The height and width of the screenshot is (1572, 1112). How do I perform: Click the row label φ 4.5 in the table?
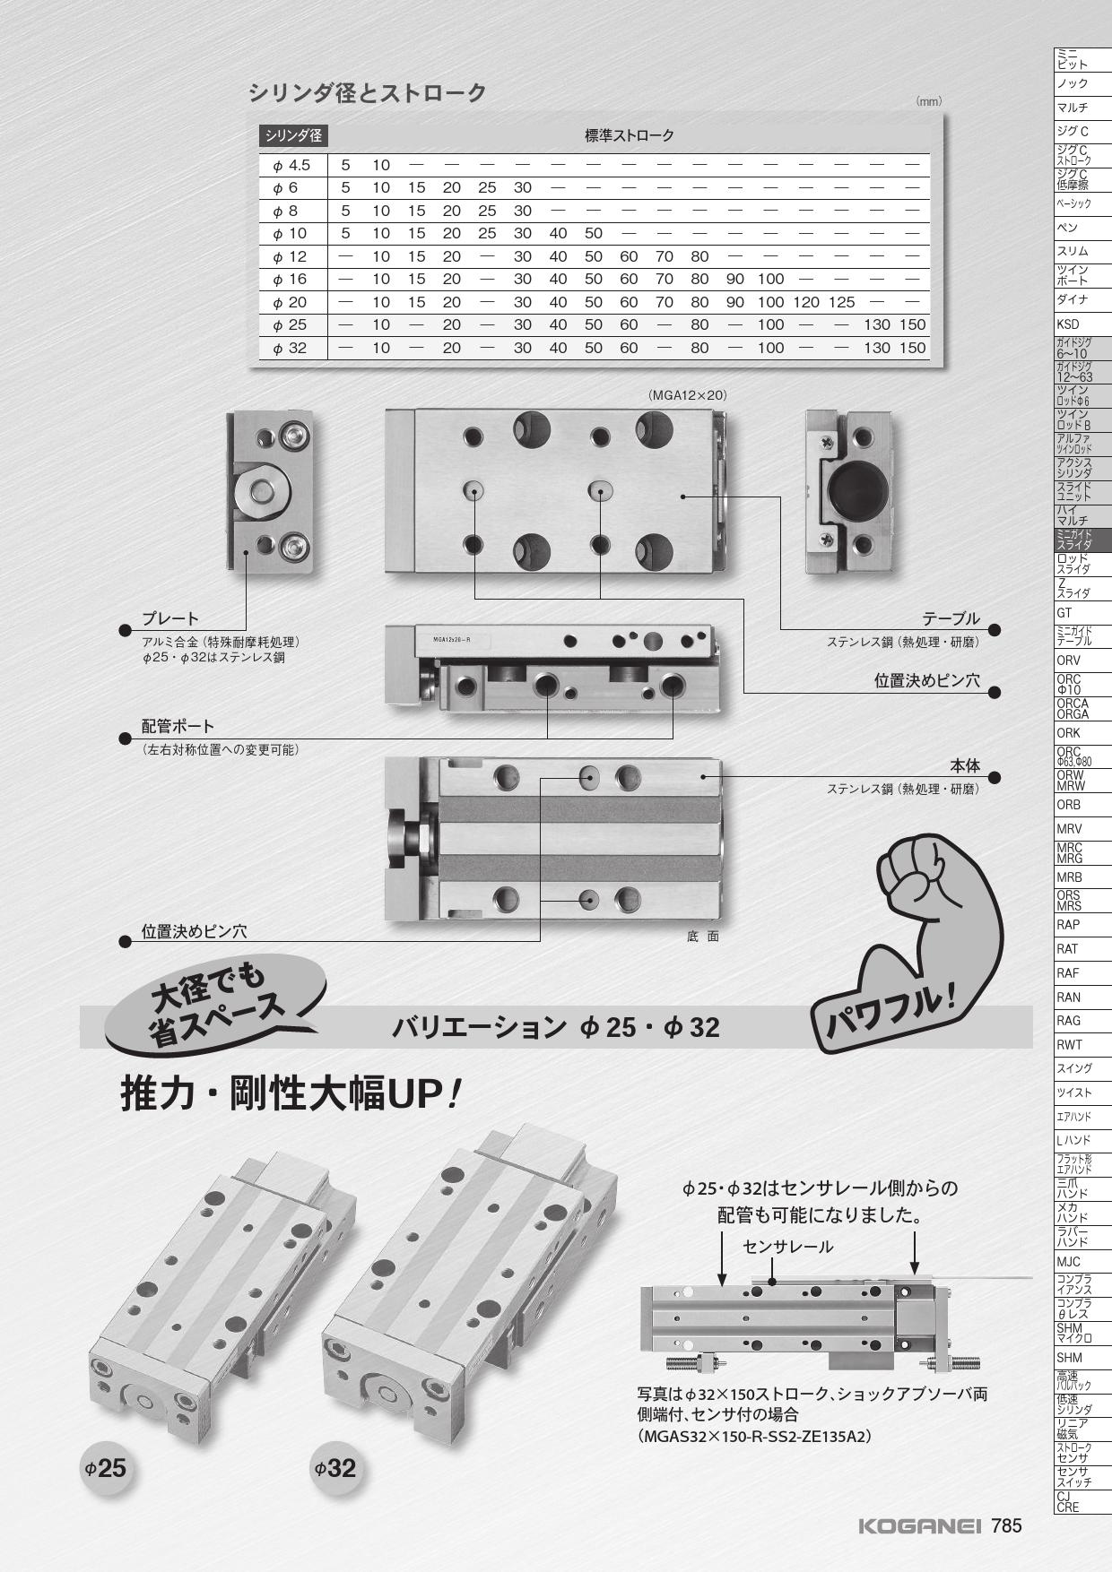pos(291,165)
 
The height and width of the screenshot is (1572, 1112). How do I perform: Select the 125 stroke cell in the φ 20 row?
pos(841,302)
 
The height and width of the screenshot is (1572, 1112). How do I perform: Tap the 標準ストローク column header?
pos(630,136)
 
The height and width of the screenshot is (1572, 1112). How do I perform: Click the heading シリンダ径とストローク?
pos(368,92)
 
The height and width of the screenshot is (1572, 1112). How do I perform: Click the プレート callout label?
pos(170,619)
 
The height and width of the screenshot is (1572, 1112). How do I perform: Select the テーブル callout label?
pos(951,619)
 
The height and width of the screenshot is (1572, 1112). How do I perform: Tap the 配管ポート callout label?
pos(178,727)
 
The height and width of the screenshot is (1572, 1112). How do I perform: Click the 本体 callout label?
pos(965,766)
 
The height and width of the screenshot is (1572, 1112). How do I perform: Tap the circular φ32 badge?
pos(335,1468)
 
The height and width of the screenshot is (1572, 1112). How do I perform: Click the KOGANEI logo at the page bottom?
pos(920,1525)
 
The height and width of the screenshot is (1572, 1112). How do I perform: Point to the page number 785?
pos(1006,1525)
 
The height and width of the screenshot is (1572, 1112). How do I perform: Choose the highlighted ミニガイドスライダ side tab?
pos(1082,539)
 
